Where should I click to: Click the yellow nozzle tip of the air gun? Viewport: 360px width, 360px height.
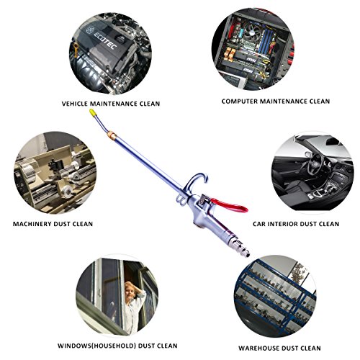[x=92, y=114]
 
